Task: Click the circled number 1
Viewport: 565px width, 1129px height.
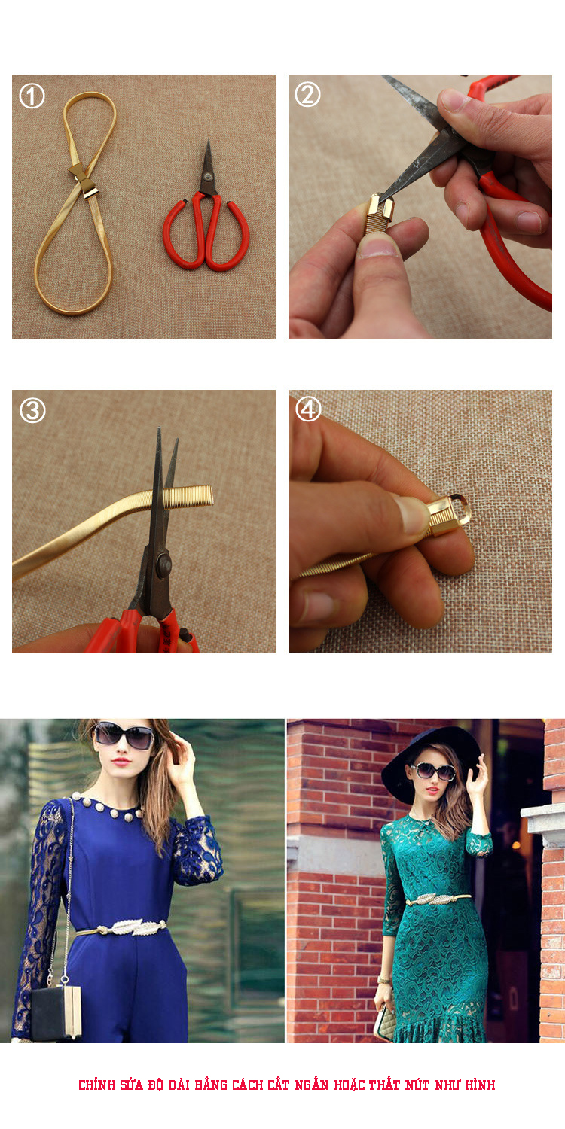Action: (32, 96)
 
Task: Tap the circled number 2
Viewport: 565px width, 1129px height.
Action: (307, 94)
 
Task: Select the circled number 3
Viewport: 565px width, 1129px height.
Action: (32, 410)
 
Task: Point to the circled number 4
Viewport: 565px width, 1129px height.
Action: (307, 409)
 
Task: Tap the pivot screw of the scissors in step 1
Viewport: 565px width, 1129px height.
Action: (207, 177)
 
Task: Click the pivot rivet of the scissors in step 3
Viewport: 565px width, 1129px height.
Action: (163, 565)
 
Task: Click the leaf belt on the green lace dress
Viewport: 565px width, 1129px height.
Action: (438, 898)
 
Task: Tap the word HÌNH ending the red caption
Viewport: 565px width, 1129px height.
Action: (480, 1085)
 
